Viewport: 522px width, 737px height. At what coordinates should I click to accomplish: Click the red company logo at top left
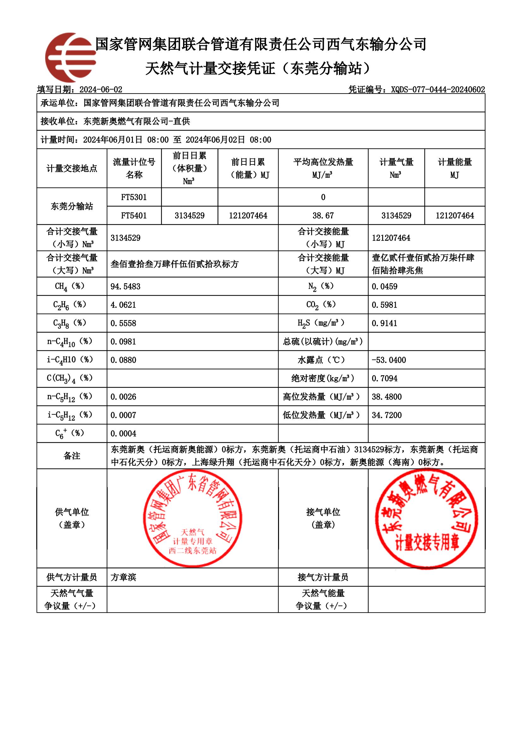70,58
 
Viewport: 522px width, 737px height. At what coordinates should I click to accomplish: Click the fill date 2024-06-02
101,89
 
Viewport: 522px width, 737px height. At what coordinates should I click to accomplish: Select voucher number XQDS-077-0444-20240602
438,89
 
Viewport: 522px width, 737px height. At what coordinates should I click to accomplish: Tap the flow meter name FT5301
134,197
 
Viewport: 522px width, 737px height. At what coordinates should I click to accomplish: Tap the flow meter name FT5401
134,216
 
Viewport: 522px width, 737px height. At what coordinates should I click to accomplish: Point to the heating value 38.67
323,216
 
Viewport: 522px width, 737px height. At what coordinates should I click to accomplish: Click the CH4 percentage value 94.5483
125,286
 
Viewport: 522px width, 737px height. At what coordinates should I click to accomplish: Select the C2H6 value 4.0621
123,305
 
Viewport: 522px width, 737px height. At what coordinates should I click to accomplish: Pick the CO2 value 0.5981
384,305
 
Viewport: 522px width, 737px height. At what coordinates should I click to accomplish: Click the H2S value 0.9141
384,323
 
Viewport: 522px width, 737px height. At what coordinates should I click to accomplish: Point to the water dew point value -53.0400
389,360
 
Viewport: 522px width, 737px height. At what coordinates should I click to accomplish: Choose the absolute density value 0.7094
384,378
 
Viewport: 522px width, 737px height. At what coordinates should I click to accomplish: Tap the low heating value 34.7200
387,415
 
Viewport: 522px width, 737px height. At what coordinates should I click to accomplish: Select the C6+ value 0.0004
123,433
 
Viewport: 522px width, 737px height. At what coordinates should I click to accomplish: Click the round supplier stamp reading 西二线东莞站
192,519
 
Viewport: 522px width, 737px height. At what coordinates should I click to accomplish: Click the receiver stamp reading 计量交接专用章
427,519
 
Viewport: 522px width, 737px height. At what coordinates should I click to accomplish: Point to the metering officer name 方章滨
123,577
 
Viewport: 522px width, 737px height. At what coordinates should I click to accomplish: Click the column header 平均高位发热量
323,168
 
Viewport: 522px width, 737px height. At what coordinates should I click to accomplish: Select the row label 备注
72,456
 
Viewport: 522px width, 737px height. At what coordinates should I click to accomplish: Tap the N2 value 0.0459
384,286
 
